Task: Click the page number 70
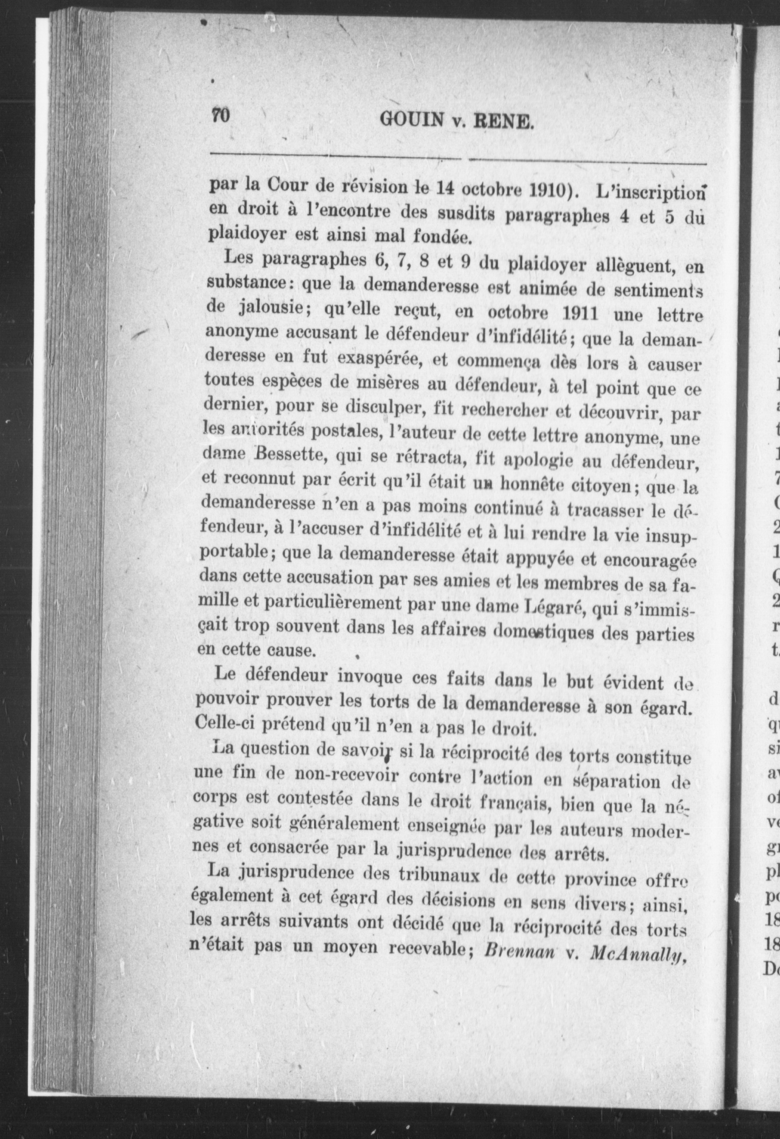pos(221,116)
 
